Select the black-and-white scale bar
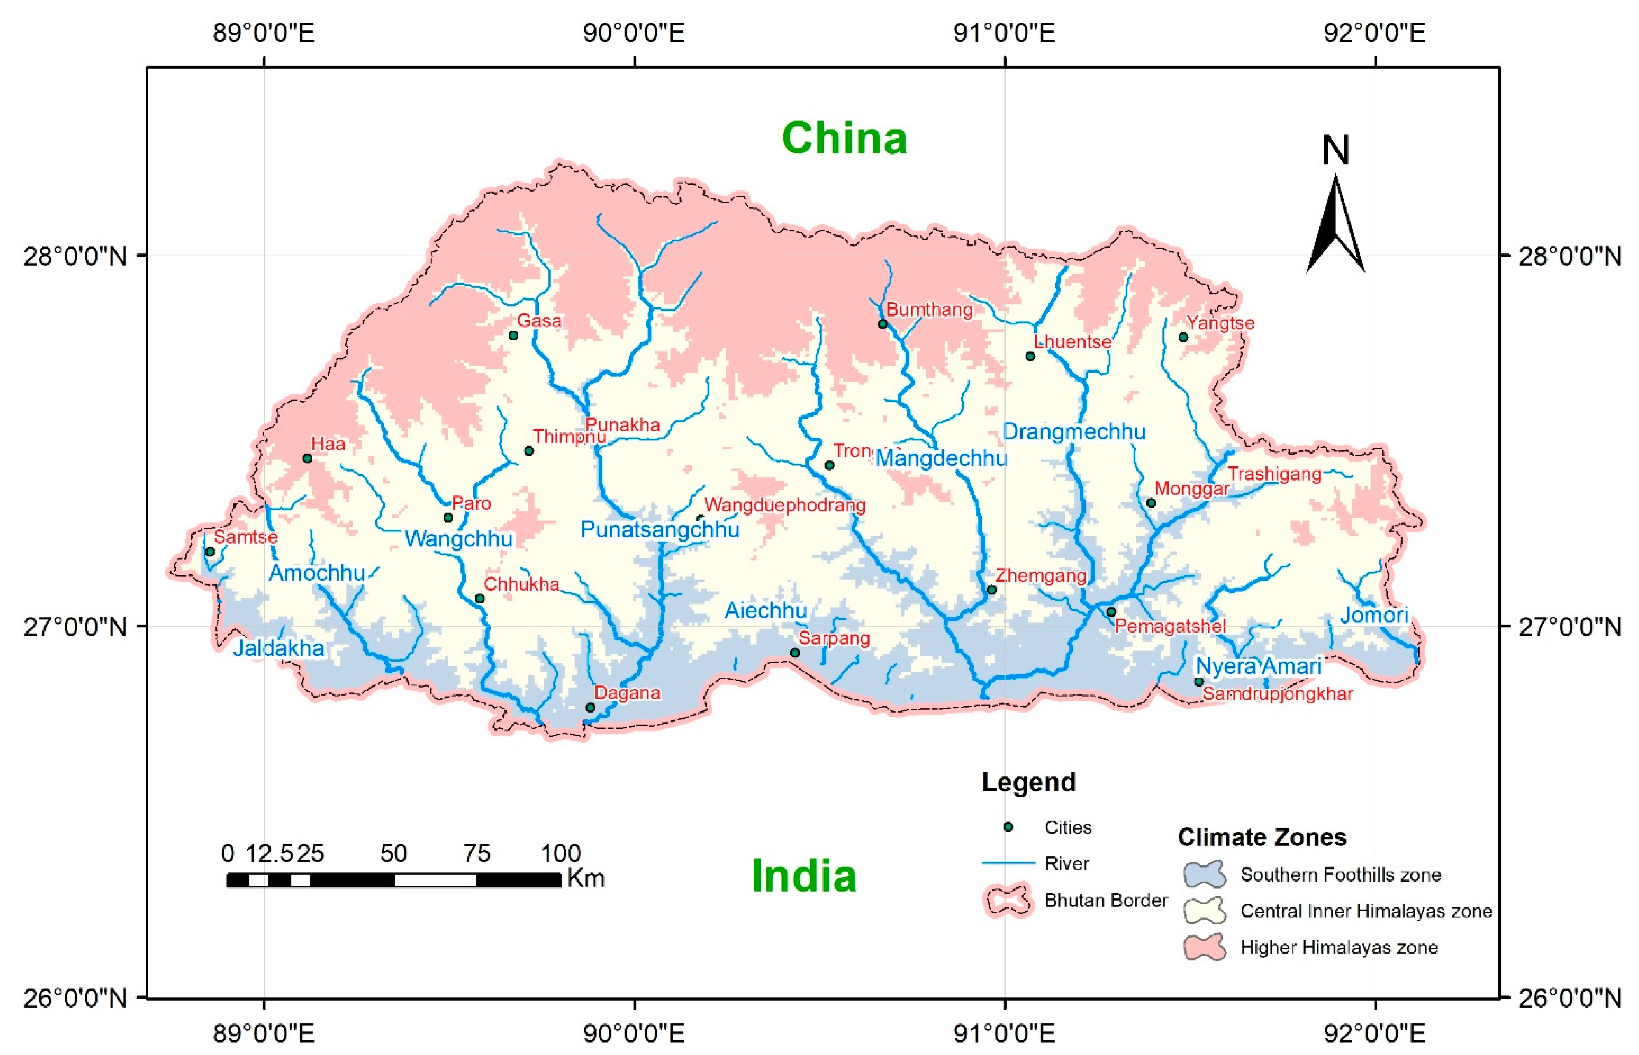point(394,879)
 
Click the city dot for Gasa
point(513,335)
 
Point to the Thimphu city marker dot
point(528,451)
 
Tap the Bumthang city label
point(929,309)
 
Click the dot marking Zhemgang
point(991,590)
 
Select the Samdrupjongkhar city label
point(1277,694)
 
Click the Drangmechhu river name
point(1074,431)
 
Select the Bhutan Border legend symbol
point(1006,900)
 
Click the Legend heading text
point(1028,782)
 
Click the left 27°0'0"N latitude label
point(75,626)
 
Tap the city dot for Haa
point(307,458)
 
